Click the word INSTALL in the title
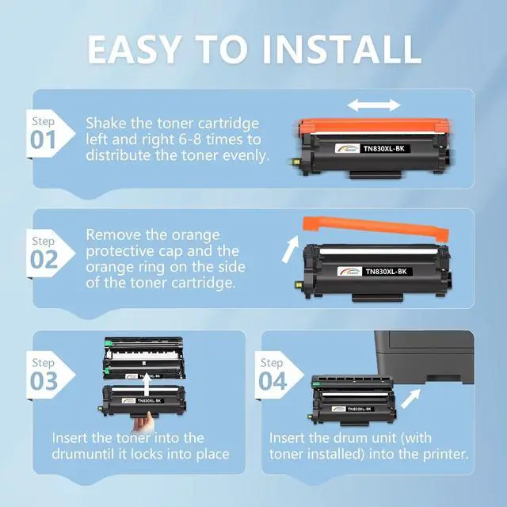coord(342,49)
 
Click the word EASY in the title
coord(134,49)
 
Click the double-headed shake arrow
coord(374,105)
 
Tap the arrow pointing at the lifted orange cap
coord(290,249)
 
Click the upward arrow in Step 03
coord(147,385)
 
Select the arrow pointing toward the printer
coord(410,398)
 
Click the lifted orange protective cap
coord(375,229)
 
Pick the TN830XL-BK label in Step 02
coord(386,271)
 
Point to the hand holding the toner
coord(144,422)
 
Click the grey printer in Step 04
coord(425,357)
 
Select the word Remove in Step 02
coord(113,234)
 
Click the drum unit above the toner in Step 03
coord(144,358)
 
